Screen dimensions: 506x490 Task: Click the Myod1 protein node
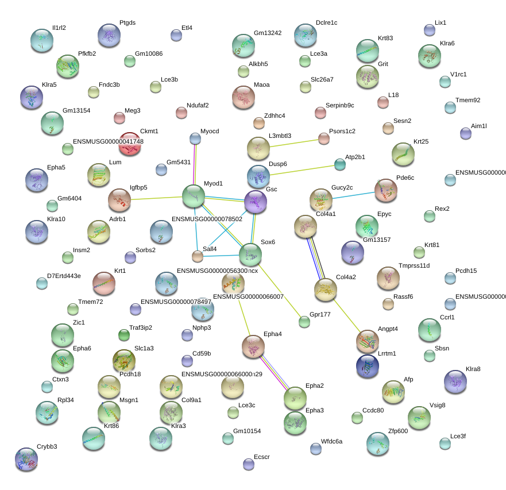click(x=194, y=196)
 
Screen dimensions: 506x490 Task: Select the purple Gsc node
click(x=255, y=202)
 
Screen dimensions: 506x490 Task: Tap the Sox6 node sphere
click(x=250, y=253)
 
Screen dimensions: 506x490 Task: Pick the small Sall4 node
click(x=198, y=256)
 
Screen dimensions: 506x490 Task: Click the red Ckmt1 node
click(x=129, y=143)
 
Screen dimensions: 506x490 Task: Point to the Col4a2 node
click(x=326, y=290)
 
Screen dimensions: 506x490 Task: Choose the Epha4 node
click(x=253, y=346)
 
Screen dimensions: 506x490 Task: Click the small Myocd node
click(x=195, y=138)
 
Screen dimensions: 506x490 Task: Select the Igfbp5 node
click(x=119, y=199)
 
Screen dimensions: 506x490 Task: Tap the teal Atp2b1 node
click(x=340, y=165)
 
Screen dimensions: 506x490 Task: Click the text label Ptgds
click(x=128, y=22)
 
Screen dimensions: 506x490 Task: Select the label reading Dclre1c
click(x=326, y=22)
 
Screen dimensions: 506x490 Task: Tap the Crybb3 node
click(x=26, y=458)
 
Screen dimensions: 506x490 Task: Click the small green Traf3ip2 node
click(x=123, y=335)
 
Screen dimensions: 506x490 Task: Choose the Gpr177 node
click(x=304, y=322)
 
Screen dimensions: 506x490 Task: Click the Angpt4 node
click(x=367, y=341)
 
